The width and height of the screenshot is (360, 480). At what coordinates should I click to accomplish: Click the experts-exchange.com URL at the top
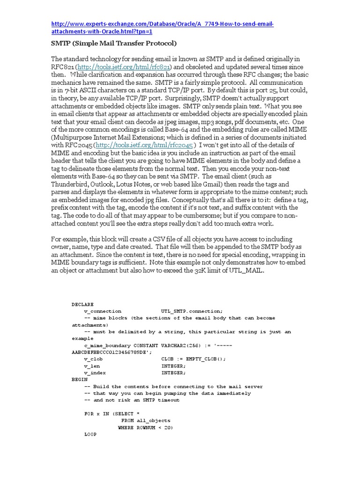coord(162,24)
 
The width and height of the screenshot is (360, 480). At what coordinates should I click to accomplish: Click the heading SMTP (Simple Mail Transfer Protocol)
coord(113,44)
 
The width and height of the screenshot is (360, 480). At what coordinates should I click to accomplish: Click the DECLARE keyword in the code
coord(82,304)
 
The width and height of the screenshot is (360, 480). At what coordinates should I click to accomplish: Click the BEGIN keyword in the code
coord(79,379)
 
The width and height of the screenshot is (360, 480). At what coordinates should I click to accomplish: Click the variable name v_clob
coord(93,359)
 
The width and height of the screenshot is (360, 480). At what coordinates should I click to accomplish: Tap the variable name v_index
coord(95,373)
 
